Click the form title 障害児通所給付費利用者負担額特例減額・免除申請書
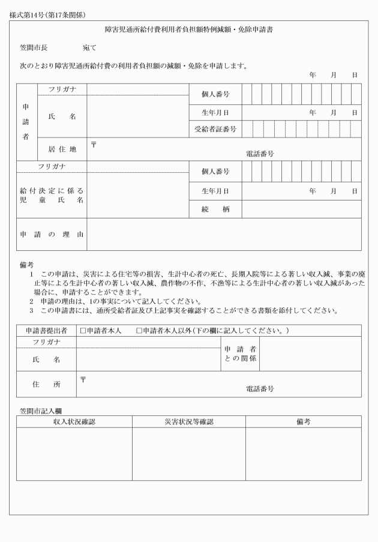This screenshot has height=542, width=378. tap(188, 29)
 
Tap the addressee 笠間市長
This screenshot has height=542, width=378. tap(33, 47)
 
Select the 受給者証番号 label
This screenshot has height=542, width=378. tap(215, 129)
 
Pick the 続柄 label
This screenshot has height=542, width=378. tap(215, 209)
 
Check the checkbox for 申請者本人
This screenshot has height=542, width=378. tap(83, 331)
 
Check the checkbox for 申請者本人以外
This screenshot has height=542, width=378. tap(140, 331)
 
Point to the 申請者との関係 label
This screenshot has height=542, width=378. tap(240, 354)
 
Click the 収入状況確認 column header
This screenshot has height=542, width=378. tap(74, 422)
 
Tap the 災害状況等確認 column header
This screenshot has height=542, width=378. tap(188, 422)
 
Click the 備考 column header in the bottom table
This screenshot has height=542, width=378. tap(303, 422)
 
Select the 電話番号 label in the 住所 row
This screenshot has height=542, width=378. tap(260, 389)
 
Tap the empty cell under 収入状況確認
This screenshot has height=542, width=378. tap(74, 454)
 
